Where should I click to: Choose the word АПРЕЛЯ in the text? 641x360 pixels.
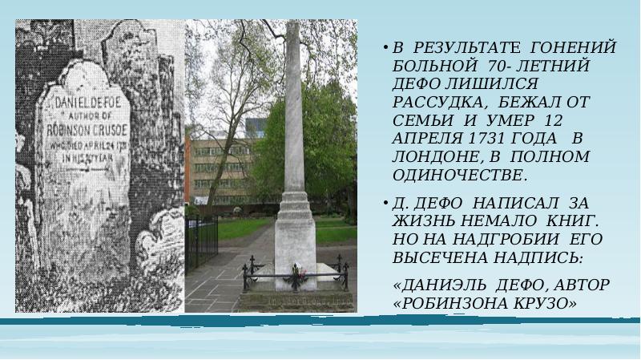pos(421,138)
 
